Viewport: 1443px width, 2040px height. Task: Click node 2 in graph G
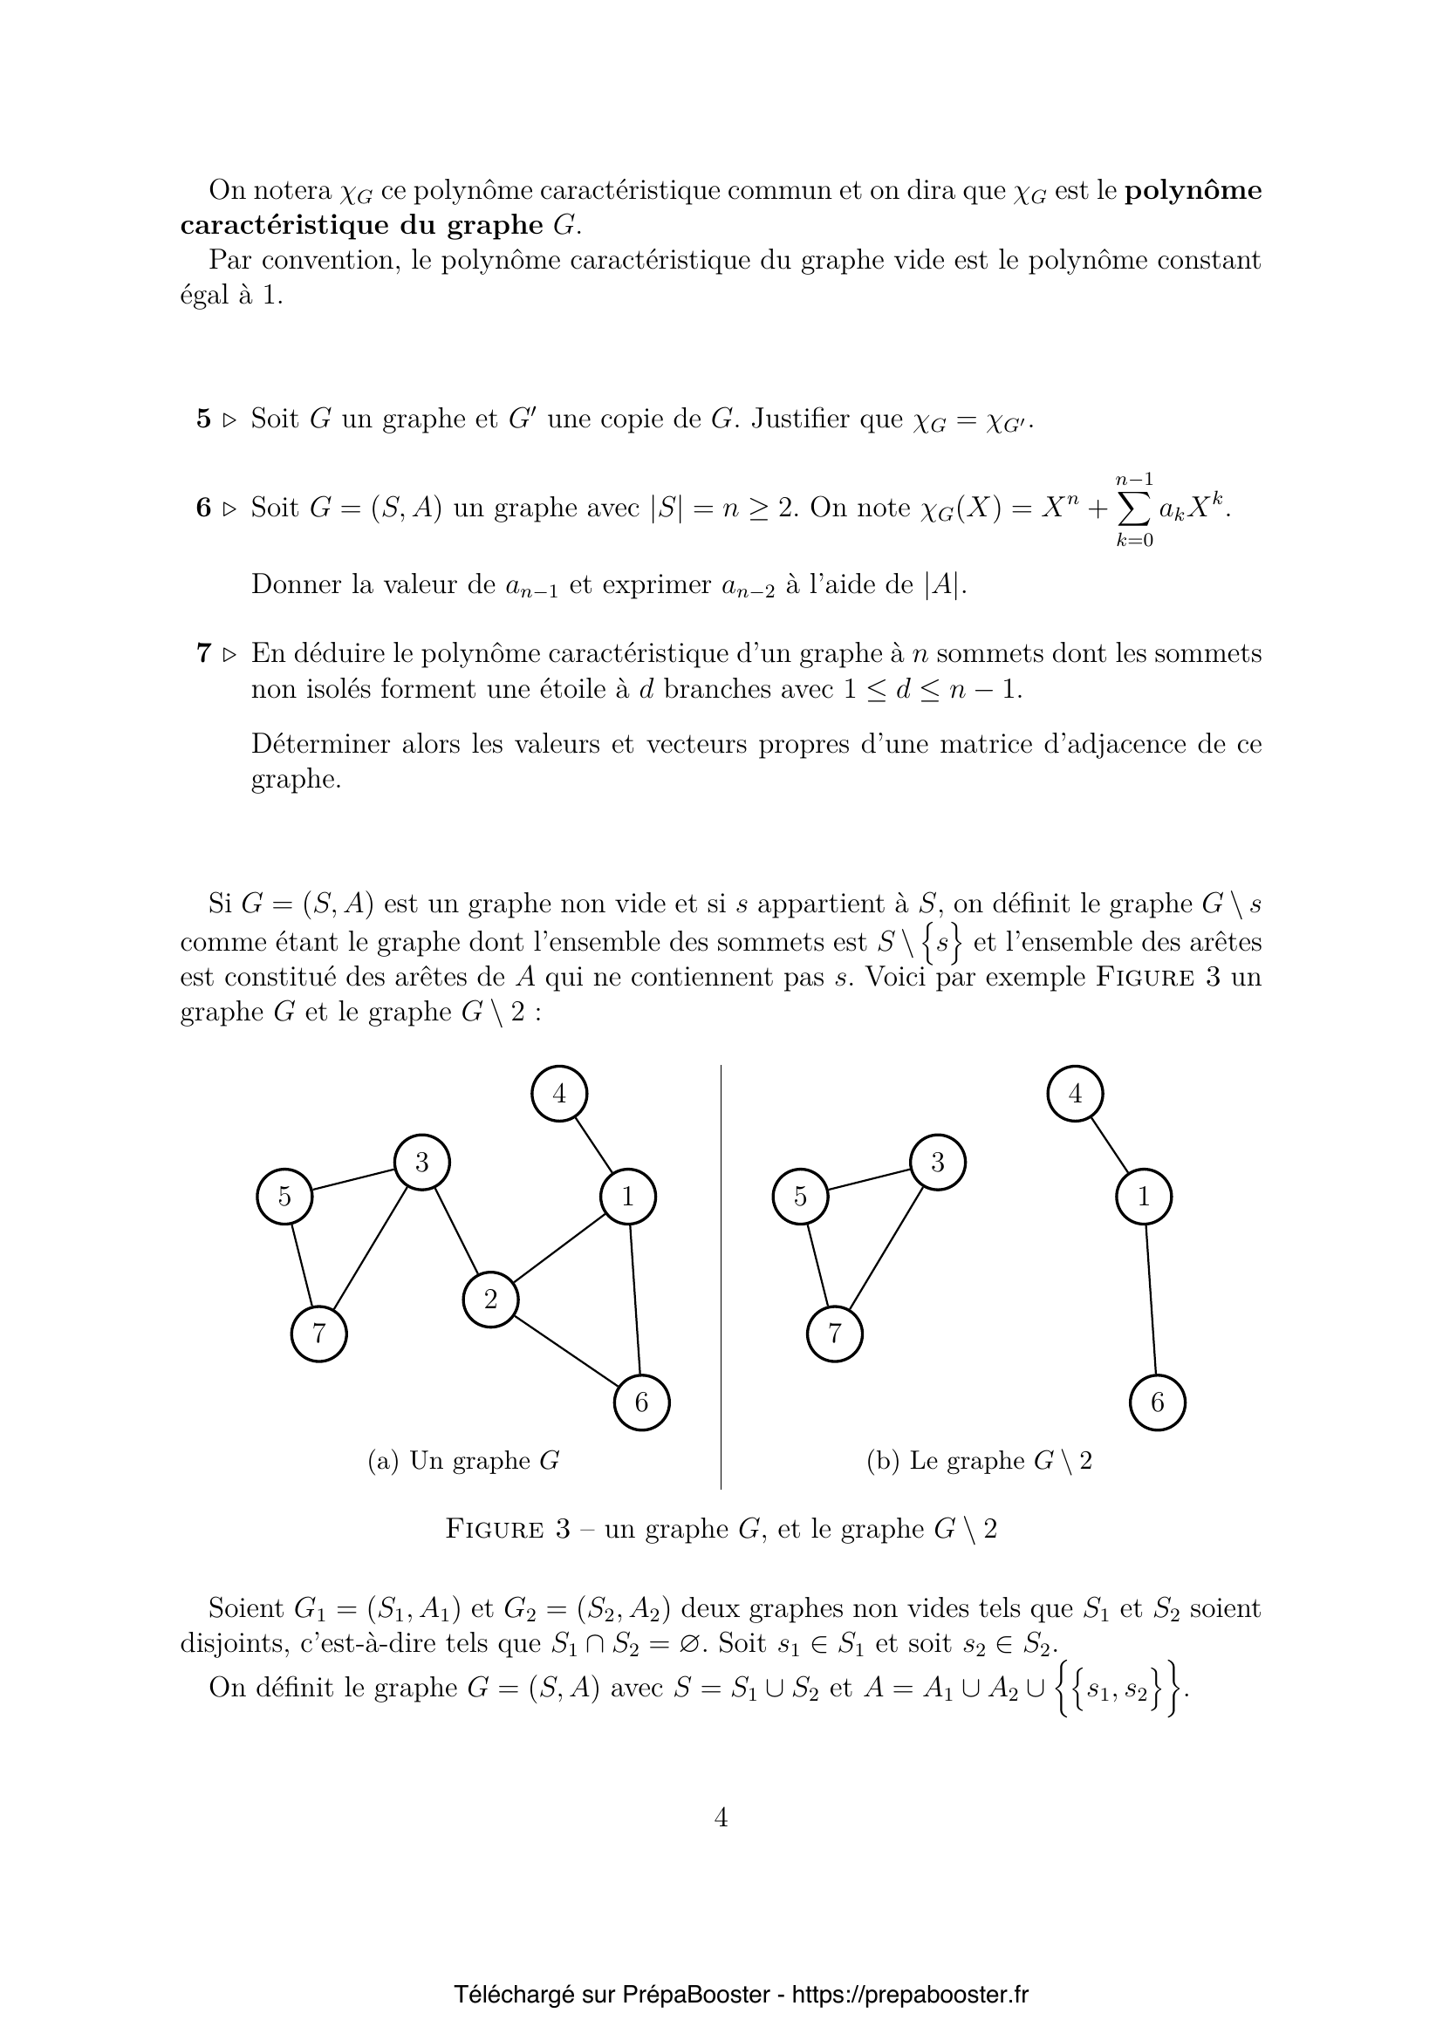point(490,1300)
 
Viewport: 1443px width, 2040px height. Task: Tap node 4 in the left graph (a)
point(559,1094)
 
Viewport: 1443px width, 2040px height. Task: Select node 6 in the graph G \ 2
point(1157,1403)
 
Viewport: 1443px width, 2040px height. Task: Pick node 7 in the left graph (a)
point(319,1334)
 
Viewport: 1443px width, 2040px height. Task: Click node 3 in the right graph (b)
point(937,1162)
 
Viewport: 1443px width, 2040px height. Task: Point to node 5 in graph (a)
point(284,1197)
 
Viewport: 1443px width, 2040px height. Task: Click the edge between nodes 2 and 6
point(566,1351)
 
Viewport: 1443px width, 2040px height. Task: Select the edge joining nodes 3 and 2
point(455,1231)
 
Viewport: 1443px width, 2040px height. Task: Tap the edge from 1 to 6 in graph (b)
point(1151,1300)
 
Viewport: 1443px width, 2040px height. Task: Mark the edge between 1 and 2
point(559,1248)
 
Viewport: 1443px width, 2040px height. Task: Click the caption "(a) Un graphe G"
point(463,1462)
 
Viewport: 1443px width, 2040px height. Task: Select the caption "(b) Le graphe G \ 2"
point(979,1462)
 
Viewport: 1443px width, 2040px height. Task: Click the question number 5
point(203,419)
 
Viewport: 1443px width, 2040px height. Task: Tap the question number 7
point(203,654)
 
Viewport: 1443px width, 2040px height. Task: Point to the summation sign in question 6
point(1135,509)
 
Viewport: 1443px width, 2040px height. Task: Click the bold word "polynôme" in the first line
point(1193,190)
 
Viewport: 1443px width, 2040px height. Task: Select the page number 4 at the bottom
point(721,1818)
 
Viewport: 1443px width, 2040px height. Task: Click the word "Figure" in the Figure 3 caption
point(494,1530)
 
